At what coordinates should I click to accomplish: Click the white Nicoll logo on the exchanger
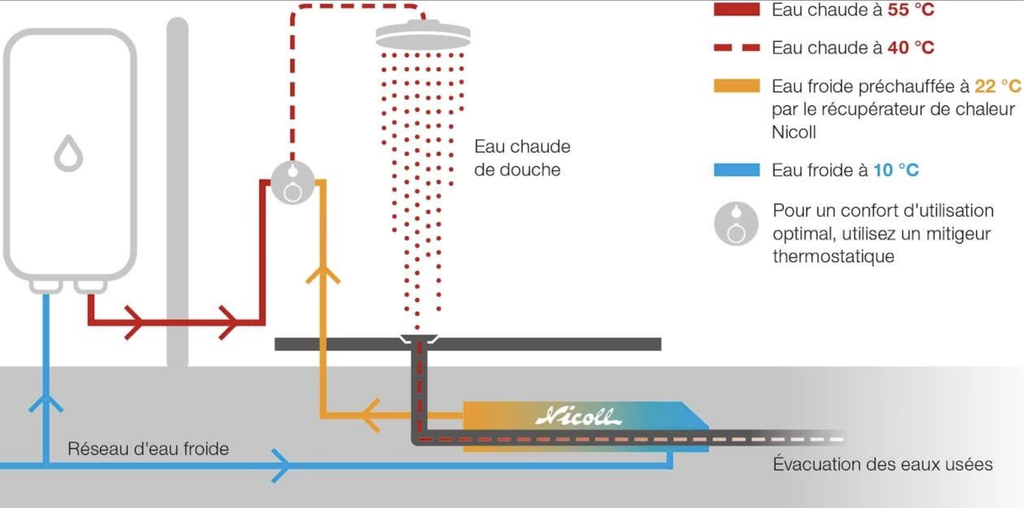click(x=578, y=416)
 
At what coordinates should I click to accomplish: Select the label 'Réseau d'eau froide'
click(x=148, y=449)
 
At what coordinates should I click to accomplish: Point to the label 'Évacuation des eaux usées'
click(x=883, y=464)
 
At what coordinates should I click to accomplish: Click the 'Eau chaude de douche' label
click(x=522, y=158)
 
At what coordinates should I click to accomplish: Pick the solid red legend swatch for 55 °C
click(x=737, y=9)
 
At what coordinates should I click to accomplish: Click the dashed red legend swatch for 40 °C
click(x=737, y=48)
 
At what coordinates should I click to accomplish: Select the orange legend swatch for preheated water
click(x=737, y=86)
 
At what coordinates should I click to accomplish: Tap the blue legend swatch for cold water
click(x=737, y=170)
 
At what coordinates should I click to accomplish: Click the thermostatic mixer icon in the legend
click(x=736, y=224)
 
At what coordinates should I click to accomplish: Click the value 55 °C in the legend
click(x=911, y=10)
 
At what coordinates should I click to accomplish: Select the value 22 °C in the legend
click(x=998, y=86)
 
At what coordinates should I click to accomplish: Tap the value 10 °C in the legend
click(x=896, y=170)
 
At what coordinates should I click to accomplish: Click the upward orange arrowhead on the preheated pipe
click(x=323, y=274)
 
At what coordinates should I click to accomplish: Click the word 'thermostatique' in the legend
click(x=833, y=256)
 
